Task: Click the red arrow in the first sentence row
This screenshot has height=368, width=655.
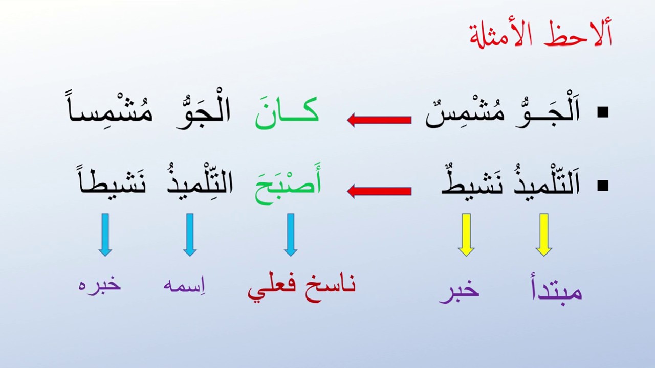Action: pyautogui.click(x=379, y=120)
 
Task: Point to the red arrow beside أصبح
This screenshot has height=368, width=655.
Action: pyautogui.click(x=379, y=191)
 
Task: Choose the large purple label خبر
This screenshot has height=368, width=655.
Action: pyautogui.click(x=459, y=291)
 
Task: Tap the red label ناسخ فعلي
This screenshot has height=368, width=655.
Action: pyautogui.click(x=301, y=286)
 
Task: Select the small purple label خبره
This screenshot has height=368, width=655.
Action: pyautogui.click(x=100, y=284)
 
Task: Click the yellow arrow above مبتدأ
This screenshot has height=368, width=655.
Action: pyautogui.click(x=543, y=235)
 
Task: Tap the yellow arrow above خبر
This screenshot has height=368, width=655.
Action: pyautogui.click(x=466, y=235)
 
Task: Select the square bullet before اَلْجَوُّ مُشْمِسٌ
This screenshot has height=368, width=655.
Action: pyautogui.click(x=603, y=113)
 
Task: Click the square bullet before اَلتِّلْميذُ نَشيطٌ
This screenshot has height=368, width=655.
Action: pyautogui.click(x=603, y=186)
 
